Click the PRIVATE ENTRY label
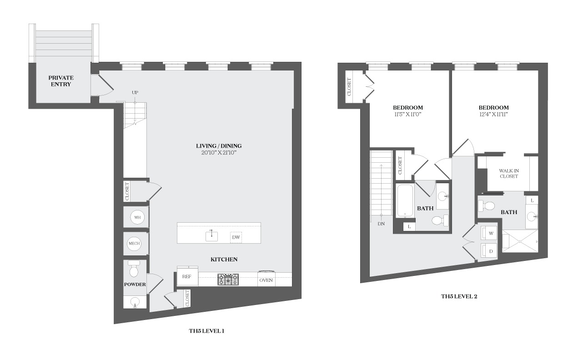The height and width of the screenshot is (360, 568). pyautogui.click(x=61, y=81)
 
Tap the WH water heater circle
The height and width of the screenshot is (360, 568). pyautogui.click(x=137, y=217)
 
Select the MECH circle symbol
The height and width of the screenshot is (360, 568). pyautogui.click(x=134, y=243)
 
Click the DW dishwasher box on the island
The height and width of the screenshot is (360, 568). pyautogui.click(x=236, y=238)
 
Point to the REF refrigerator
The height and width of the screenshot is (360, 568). pyautogui.click(x=187, y=276)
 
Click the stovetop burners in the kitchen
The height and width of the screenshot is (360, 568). pyautogui.click(x=228, y=280)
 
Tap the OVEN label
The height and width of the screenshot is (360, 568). pyautogui.click(x=266, y=280)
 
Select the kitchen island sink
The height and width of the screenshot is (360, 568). pyautogui.click(x=211, y=236)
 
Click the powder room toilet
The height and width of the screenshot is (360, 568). pyautogui.click(x=134, y=269)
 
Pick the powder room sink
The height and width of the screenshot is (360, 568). pyautogui.click(x=135, y=302)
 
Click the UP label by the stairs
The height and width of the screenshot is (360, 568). pyautogui.click(x=135, y=93)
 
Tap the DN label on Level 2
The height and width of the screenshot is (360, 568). pyautogui.click(x=381, y=224)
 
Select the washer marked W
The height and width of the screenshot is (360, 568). pyautogui.click(x=489, y=233)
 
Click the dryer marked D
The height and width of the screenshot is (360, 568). pyautogui.click(x=489, y=251)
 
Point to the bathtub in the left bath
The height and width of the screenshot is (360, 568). pyautogui.click(x=405, y=201)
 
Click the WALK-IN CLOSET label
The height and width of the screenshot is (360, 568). pyautogui.click(x=509, y=174)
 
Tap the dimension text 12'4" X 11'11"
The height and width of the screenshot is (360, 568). pyautogui.click(x=493, y=115)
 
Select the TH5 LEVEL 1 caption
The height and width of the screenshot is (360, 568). pyautogui.click(x=206, y=331)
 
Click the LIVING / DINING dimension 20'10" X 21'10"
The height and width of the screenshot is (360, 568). pyautogui.click(x=219, y=153)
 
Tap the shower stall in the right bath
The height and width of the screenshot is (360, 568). pyautogui.click(x=520, y=241)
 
